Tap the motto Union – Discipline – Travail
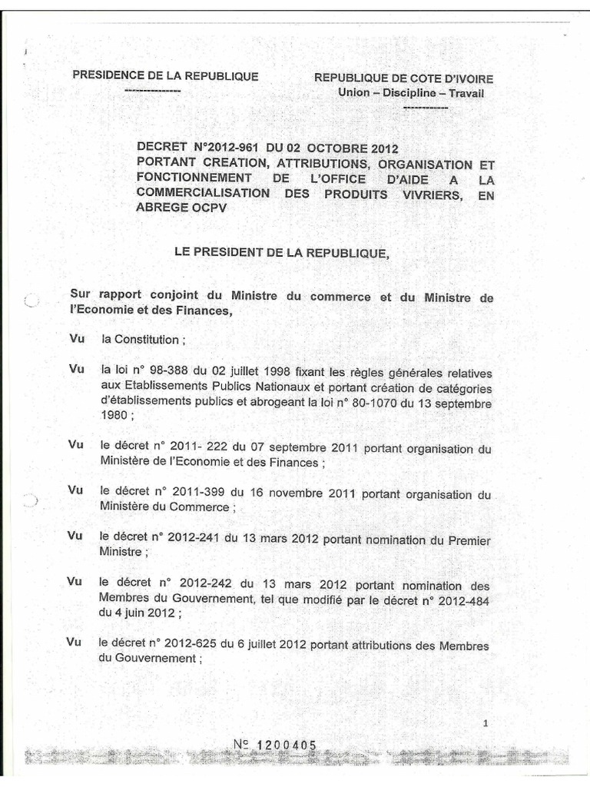[411, 93]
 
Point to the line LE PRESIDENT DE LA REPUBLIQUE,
[281, 253]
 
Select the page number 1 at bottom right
[486, 722]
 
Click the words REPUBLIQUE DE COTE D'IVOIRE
[403, 78]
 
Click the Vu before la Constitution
[75, 338]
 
